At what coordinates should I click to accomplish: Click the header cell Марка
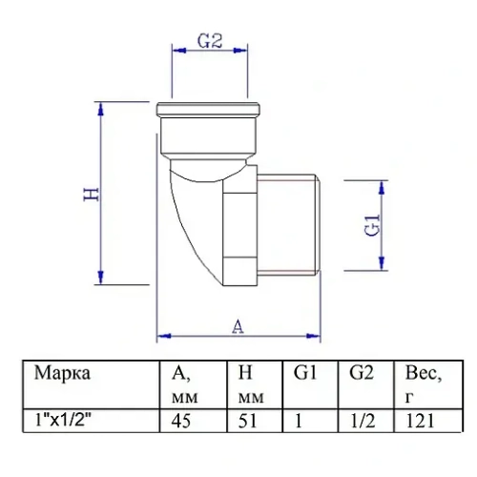[63, 373]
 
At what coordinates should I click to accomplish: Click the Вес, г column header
[425, 383]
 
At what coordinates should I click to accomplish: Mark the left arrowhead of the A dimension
[163, 335]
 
